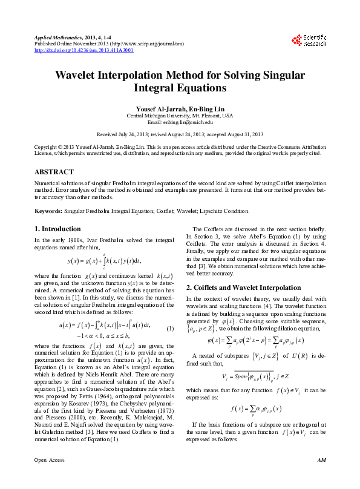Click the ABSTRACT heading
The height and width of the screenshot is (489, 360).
coord(55,172)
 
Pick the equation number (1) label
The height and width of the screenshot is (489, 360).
coord(170,328)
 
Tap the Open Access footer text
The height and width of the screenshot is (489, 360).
coord(49,477)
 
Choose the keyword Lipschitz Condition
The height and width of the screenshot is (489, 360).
coord(226,211)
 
